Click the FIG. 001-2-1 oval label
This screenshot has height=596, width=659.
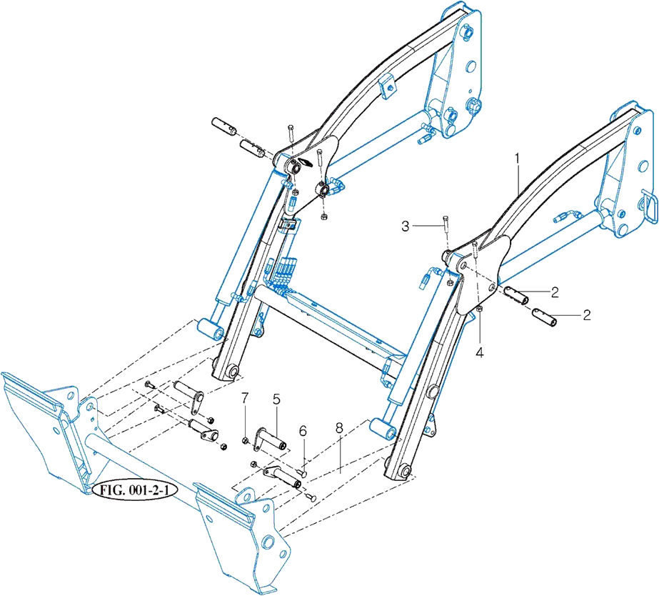click(134, 490)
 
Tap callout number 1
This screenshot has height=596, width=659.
click(518, 159)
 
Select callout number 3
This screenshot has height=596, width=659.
click(405, 227)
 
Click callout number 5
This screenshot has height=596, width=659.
click(276, 399)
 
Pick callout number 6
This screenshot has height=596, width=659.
click(303, 431)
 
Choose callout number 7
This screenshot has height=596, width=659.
click(245, 398)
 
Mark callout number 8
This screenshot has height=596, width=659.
click(339, 427)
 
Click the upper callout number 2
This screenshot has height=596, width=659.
click(555, 292)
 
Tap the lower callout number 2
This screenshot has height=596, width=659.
click(587, 314)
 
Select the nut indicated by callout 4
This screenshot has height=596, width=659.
click(480, 310)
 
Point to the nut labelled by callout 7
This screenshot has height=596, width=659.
click(246, 440)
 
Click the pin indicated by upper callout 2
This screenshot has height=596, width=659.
click(516, 295)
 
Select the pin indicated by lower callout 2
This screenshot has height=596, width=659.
click(545, 317)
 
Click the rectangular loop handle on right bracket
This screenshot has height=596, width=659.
click(650, 206)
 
